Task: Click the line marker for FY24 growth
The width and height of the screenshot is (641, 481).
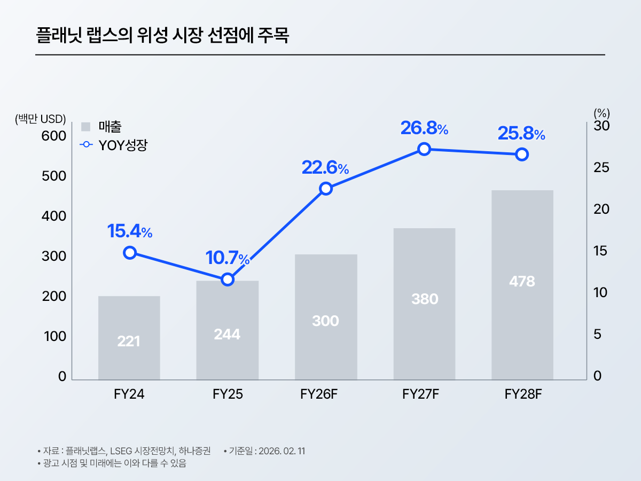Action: pyautogui.click(x=129, y=253)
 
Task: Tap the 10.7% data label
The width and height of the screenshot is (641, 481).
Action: pyautogui.click(x=228, y=258)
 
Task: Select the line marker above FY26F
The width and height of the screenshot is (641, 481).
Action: pyautogui.click(x=326, y=188)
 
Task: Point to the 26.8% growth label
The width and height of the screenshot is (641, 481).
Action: pyautogui.click(x=424, y=128)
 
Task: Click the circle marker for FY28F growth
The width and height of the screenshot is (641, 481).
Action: pyautogui.click(x=522, y=154)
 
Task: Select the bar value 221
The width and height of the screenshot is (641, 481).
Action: pyautogui.click(x=129, y=341)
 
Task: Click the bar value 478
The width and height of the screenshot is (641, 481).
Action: pyautogui.click(x=522, y=282)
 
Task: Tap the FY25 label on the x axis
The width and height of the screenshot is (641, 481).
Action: pyautogui.click(x=228, y=394)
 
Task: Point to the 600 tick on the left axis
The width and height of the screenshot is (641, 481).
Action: pyautogui.click(x=54, y=136)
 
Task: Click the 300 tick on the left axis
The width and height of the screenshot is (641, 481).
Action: pyautogui.click(x=54, y=257)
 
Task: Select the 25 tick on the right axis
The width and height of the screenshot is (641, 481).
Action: pyautogui.click(x=602, y=168)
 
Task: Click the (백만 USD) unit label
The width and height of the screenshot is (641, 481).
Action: pyautogui.click(x=40, y=118)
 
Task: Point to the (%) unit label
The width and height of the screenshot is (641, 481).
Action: pyautogui.click(x=601, y=113)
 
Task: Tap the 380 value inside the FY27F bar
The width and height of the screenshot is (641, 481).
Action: pyautogui.click(x=425, y=299)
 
